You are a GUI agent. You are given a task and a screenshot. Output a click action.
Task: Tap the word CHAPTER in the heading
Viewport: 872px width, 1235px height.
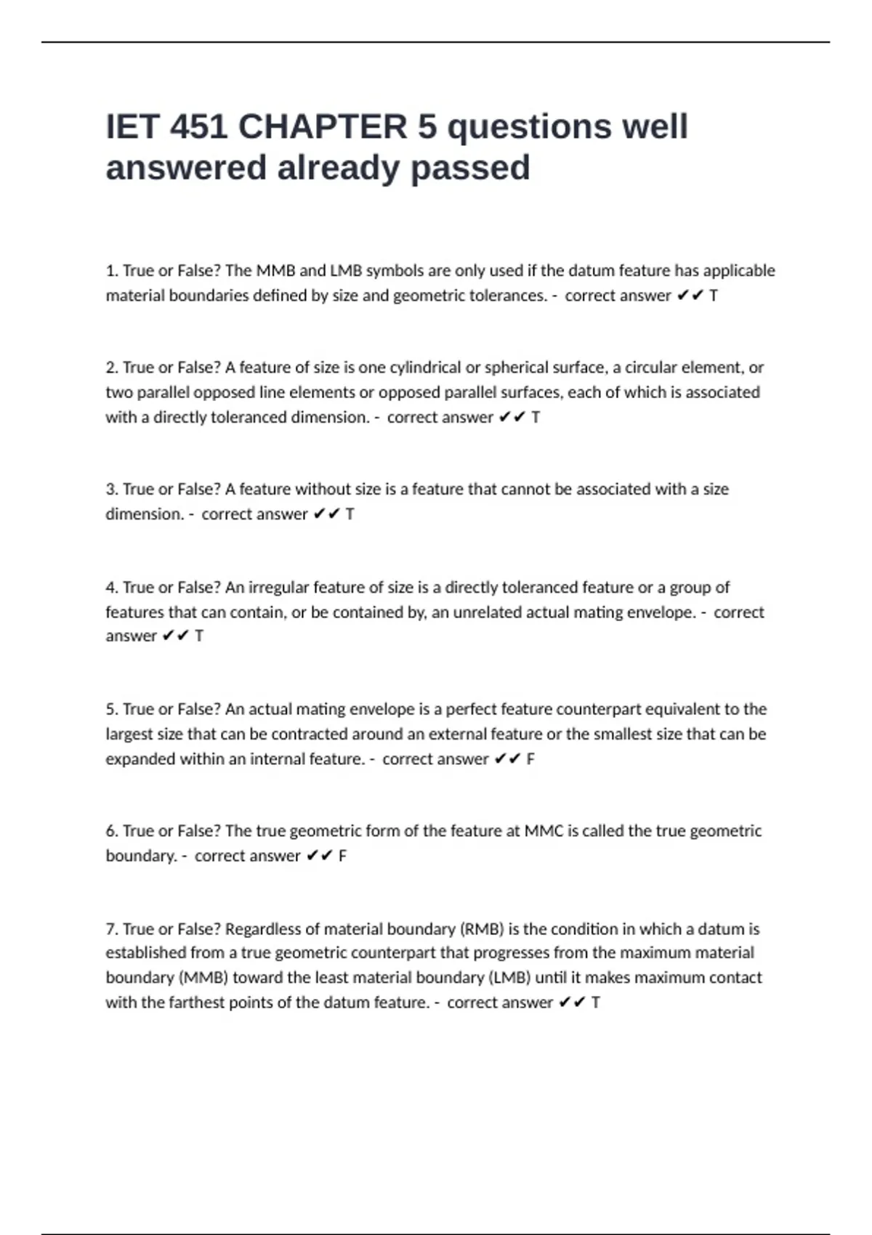[323, 127]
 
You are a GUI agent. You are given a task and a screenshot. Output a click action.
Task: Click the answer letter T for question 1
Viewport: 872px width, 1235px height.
[714, 296]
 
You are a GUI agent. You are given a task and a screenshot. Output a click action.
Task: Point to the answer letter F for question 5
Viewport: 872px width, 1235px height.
[530, 759]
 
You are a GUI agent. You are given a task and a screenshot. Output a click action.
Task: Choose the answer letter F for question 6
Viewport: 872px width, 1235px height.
[342, 856]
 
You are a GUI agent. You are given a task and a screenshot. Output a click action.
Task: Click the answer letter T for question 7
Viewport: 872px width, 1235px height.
[596, 1003]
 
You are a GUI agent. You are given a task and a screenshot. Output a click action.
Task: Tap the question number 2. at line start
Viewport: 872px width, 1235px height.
[112, 368]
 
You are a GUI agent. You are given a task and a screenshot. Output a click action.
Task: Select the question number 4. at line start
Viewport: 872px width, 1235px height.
[112, 587]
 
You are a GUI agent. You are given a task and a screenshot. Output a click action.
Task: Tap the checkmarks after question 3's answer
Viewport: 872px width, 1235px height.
[326, 514]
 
